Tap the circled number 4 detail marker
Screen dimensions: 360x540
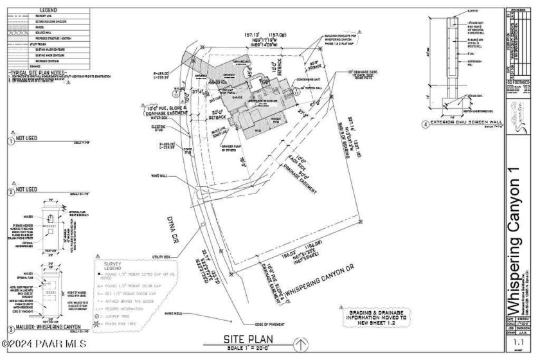(426, 125)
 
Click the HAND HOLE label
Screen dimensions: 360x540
(173, 313)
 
